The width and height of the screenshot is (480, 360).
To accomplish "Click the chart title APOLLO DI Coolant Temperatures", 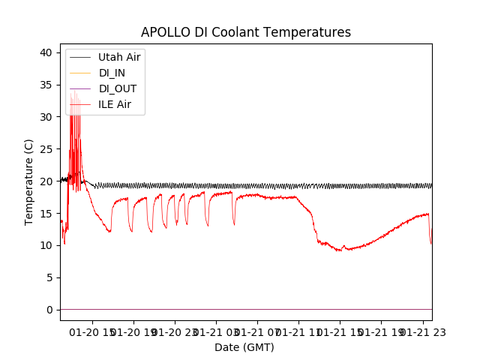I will [x=246, y=32].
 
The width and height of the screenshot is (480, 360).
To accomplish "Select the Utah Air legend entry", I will [x=118, y=57].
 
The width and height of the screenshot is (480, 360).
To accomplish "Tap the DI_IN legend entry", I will [x=112, y=73].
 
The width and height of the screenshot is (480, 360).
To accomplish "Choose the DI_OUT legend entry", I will [x=117, y=88].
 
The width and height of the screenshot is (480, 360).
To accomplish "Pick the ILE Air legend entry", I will [x=114, y=104].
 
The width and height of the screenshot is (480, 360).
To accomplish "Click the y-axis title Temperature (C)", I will [x=28, y=181].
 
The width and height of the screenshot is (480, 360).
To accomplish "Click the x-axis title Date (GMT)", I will [x=244, y=347].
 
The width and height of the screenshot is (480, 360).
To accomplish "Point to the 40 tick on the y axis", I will [x=46, y=52].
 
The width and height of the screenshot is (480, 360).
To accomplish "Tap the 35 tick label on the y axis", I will [x=46, y=85].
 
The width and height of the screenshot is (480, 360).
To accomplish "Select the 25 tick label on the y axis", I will [x=46, y=149].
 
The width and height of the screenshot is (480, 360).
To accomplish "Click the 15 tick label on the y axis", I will [x=46, y=214].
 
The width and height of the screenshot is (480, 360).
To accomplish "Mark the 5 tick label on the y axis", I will [x=49, y=277].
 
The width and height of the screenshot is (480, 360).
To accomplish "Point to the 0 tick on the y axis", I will [x=49, y=310].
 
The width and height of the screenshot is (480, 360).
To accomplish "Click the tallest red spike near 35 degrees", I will [x=72, y=91].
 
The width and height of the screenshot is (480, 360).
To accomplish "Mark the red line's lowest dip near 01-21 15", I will [x=340, y=250].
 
